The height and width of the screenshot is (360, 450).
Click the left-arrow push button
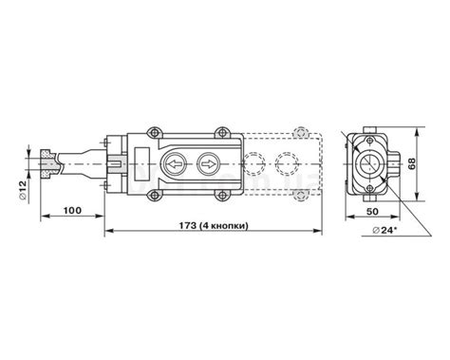click(174, 164)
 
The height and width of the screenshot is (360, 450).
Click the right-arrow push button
click(208, 164)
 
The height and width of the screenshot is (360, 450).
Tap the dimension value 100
click(72, 210)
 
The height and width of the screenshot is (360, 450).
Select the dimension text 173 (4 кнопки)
click(214, 226)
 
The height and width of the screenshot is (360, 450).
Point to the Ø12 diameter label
click(23, 190)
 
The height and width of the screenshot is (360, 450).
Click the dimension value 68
click(411, 163)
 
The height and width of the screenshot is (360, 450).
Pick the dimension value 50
click(372, 211)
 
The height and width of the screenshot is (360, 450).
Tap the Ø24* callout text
click(384, 230)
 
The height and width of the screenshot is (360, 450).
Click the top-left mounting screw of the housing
click(154, 132)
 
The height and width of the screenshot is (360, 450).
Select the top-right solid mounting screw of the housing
click(222, 132)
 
